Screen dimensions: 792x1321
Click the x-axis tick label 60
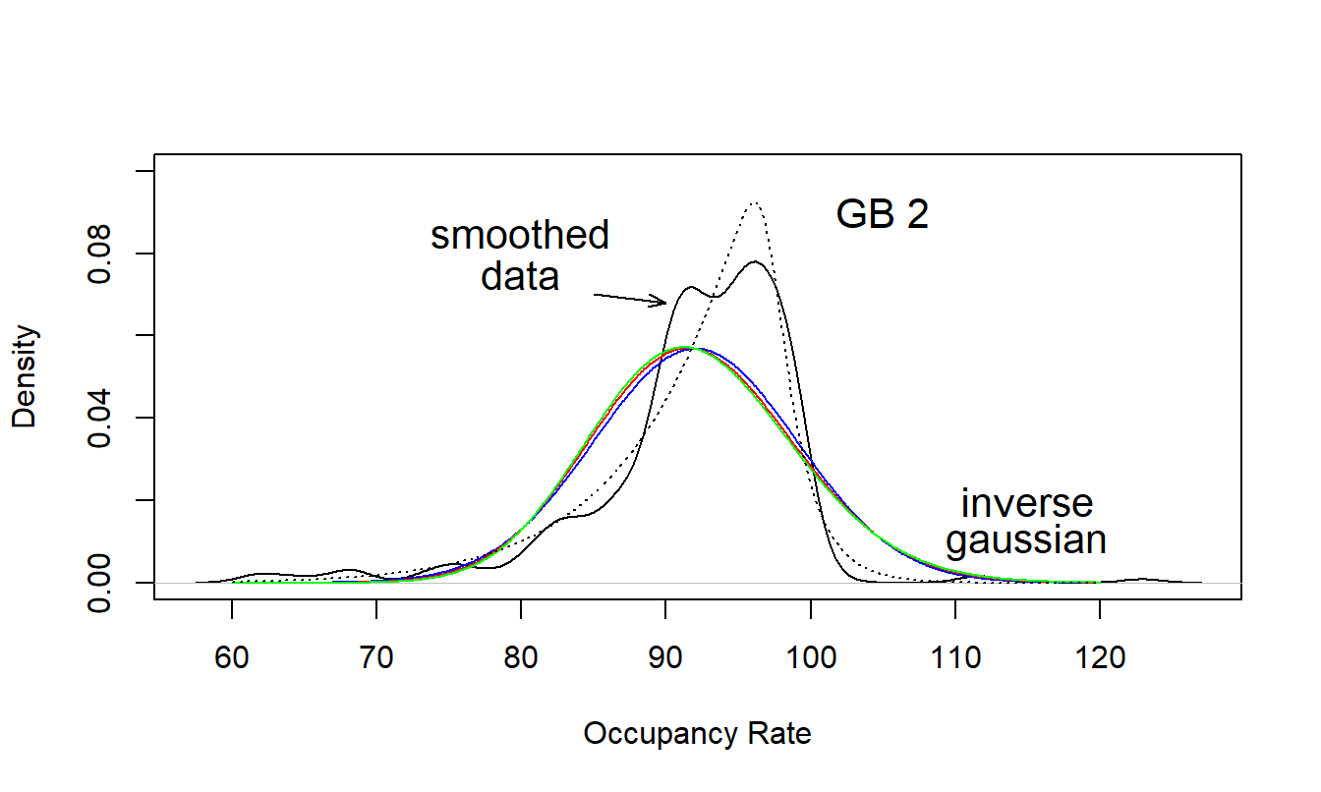click(232, 657)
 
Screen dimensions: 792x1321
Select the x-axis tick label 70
click(376, 657)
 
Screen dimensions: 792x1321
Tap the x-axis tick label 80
click(521, 657)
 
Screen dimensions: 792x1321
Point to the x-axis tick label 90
click(665, 657)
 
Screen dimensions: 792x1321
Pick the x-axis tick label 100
click(810, 657)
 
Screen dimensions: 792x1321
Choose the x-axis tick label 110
click(954, 657)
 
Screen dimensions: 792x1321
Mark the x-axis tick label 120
click(1099, 657)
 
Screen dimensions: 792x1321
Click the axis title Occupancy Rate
click(698, 734)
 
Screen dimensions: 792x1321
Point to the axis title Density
click(25, 377)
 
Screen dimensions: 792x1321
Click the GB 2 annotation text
click(882, 215)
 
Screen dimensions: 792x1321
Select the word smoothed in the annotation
click(520, 236)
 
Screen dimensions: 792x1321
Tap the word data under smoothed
click(520, 276)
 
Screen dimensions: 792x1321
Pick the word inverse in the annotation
click(1027, 503)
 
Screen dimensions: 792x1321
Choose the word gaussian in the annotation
click(1026, 540)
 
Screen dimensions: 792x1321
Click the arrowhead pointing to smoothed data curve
click(664, 302)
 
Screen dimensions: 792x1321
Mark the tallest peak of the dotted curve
click(754, 203)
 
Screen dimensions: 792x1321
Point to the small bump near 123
click(1142, 579)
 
